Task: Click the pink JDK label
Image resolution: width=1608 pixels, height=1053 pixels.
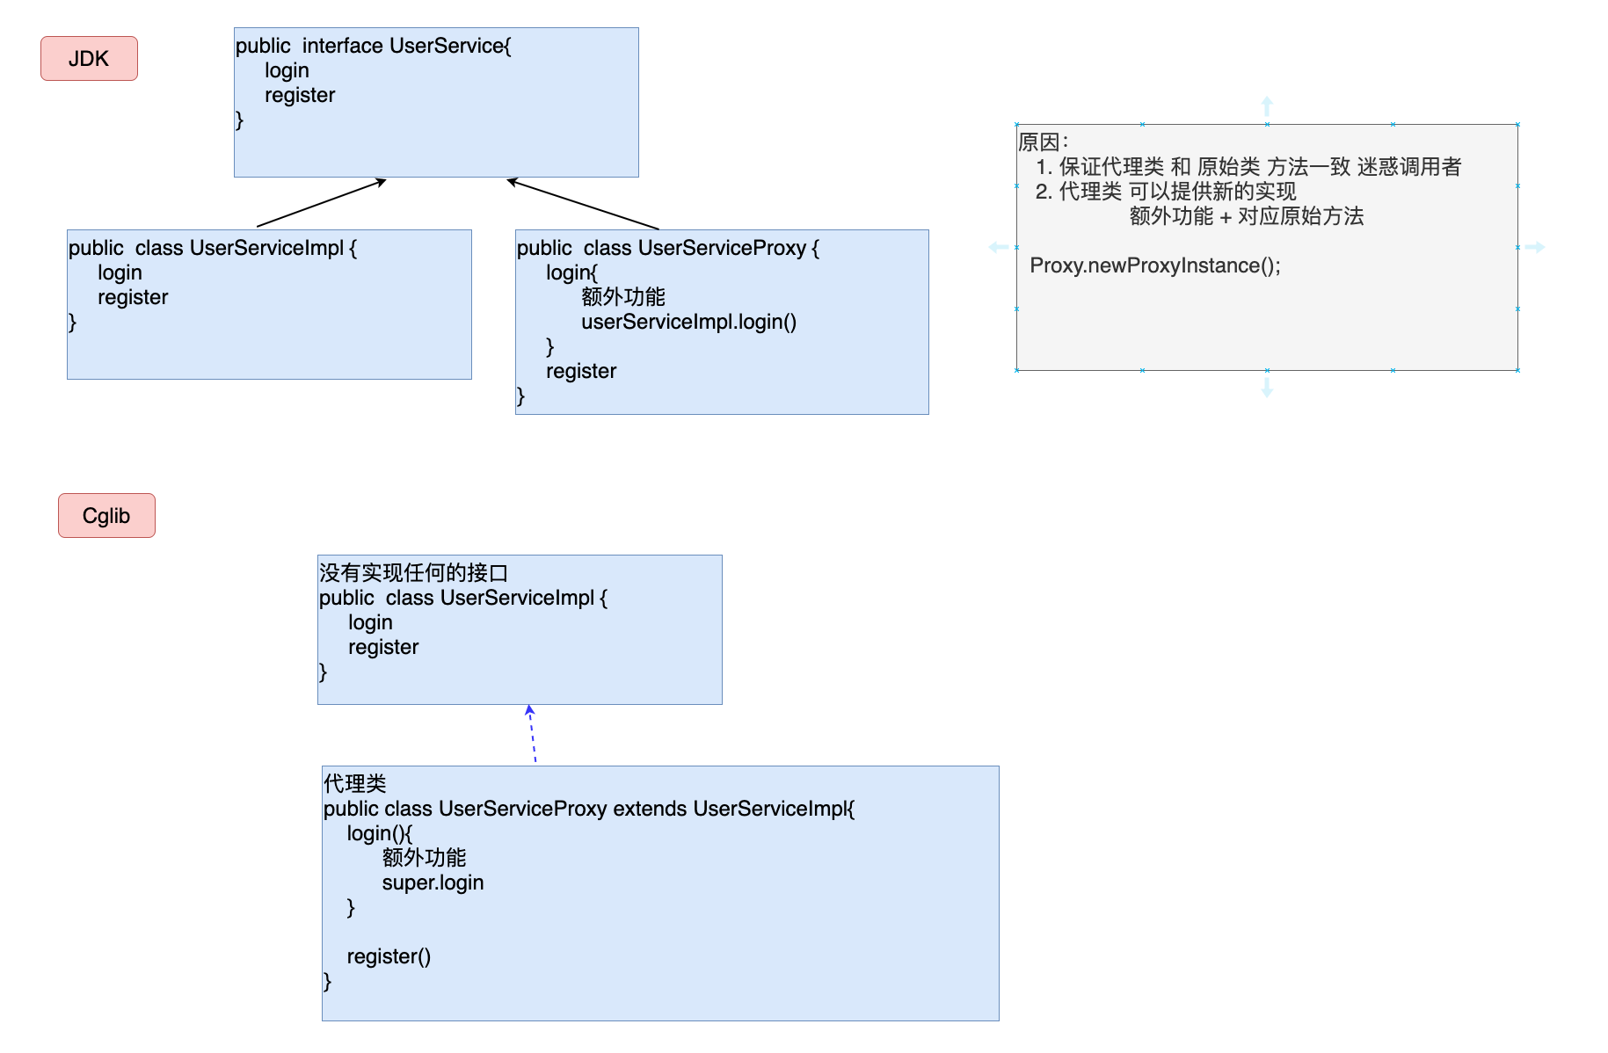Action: [89, 59]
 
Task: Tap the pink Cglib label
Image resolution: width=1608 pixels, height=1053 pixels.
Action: [106, 516]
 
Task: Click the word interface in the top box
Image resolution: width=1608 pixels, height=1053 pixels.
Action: [342, 46]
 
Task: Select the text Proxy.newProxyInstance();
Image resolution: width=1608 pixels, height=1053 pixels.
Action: [1154, 265]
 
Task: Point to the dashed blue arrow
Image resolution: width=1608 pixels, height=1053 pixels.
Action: [532, 734]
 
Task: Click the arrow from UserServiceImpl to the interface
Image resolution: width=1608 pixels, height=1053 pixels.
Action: [322, 203]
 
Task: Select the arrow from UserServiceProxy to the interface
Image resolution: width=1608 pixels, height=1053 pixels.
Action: [582, 204]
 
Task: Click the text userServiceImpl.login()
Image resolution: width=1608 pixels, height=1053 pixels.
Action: [688, 322]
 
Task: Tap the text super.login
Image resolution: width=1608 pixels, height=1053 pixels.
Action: [433, 882]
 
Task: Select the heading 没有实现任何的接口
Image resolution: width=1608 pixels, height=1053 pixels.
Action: [413, 573]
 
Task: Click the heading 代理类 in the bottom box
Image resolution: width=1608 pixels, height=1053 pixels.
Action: [354, 783]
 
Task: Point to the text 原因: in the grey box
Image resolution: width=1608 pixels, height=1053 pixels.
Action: [1043, 142]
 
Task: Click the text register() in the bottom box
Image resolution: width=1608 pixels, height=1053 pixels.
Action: [389, 956]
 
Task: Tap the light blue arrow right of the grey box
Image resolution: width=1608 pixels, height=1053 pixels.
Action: [1535, 247]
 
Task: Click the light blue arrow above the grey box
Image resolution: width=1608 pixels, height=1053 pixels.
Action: [1267, 106]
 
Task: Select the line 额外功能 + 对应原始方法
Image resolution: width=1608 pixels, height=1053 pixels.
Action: [1246, 216]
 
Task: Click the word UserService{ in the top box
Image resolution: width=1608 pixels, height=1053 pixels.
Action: [449, 46]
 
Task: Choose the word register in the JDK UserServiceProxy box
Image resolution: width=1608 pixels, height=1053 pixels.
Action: [580, 371]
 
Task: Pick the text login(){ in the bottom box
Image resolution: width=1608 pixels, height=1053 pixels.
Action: [379, 833]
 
